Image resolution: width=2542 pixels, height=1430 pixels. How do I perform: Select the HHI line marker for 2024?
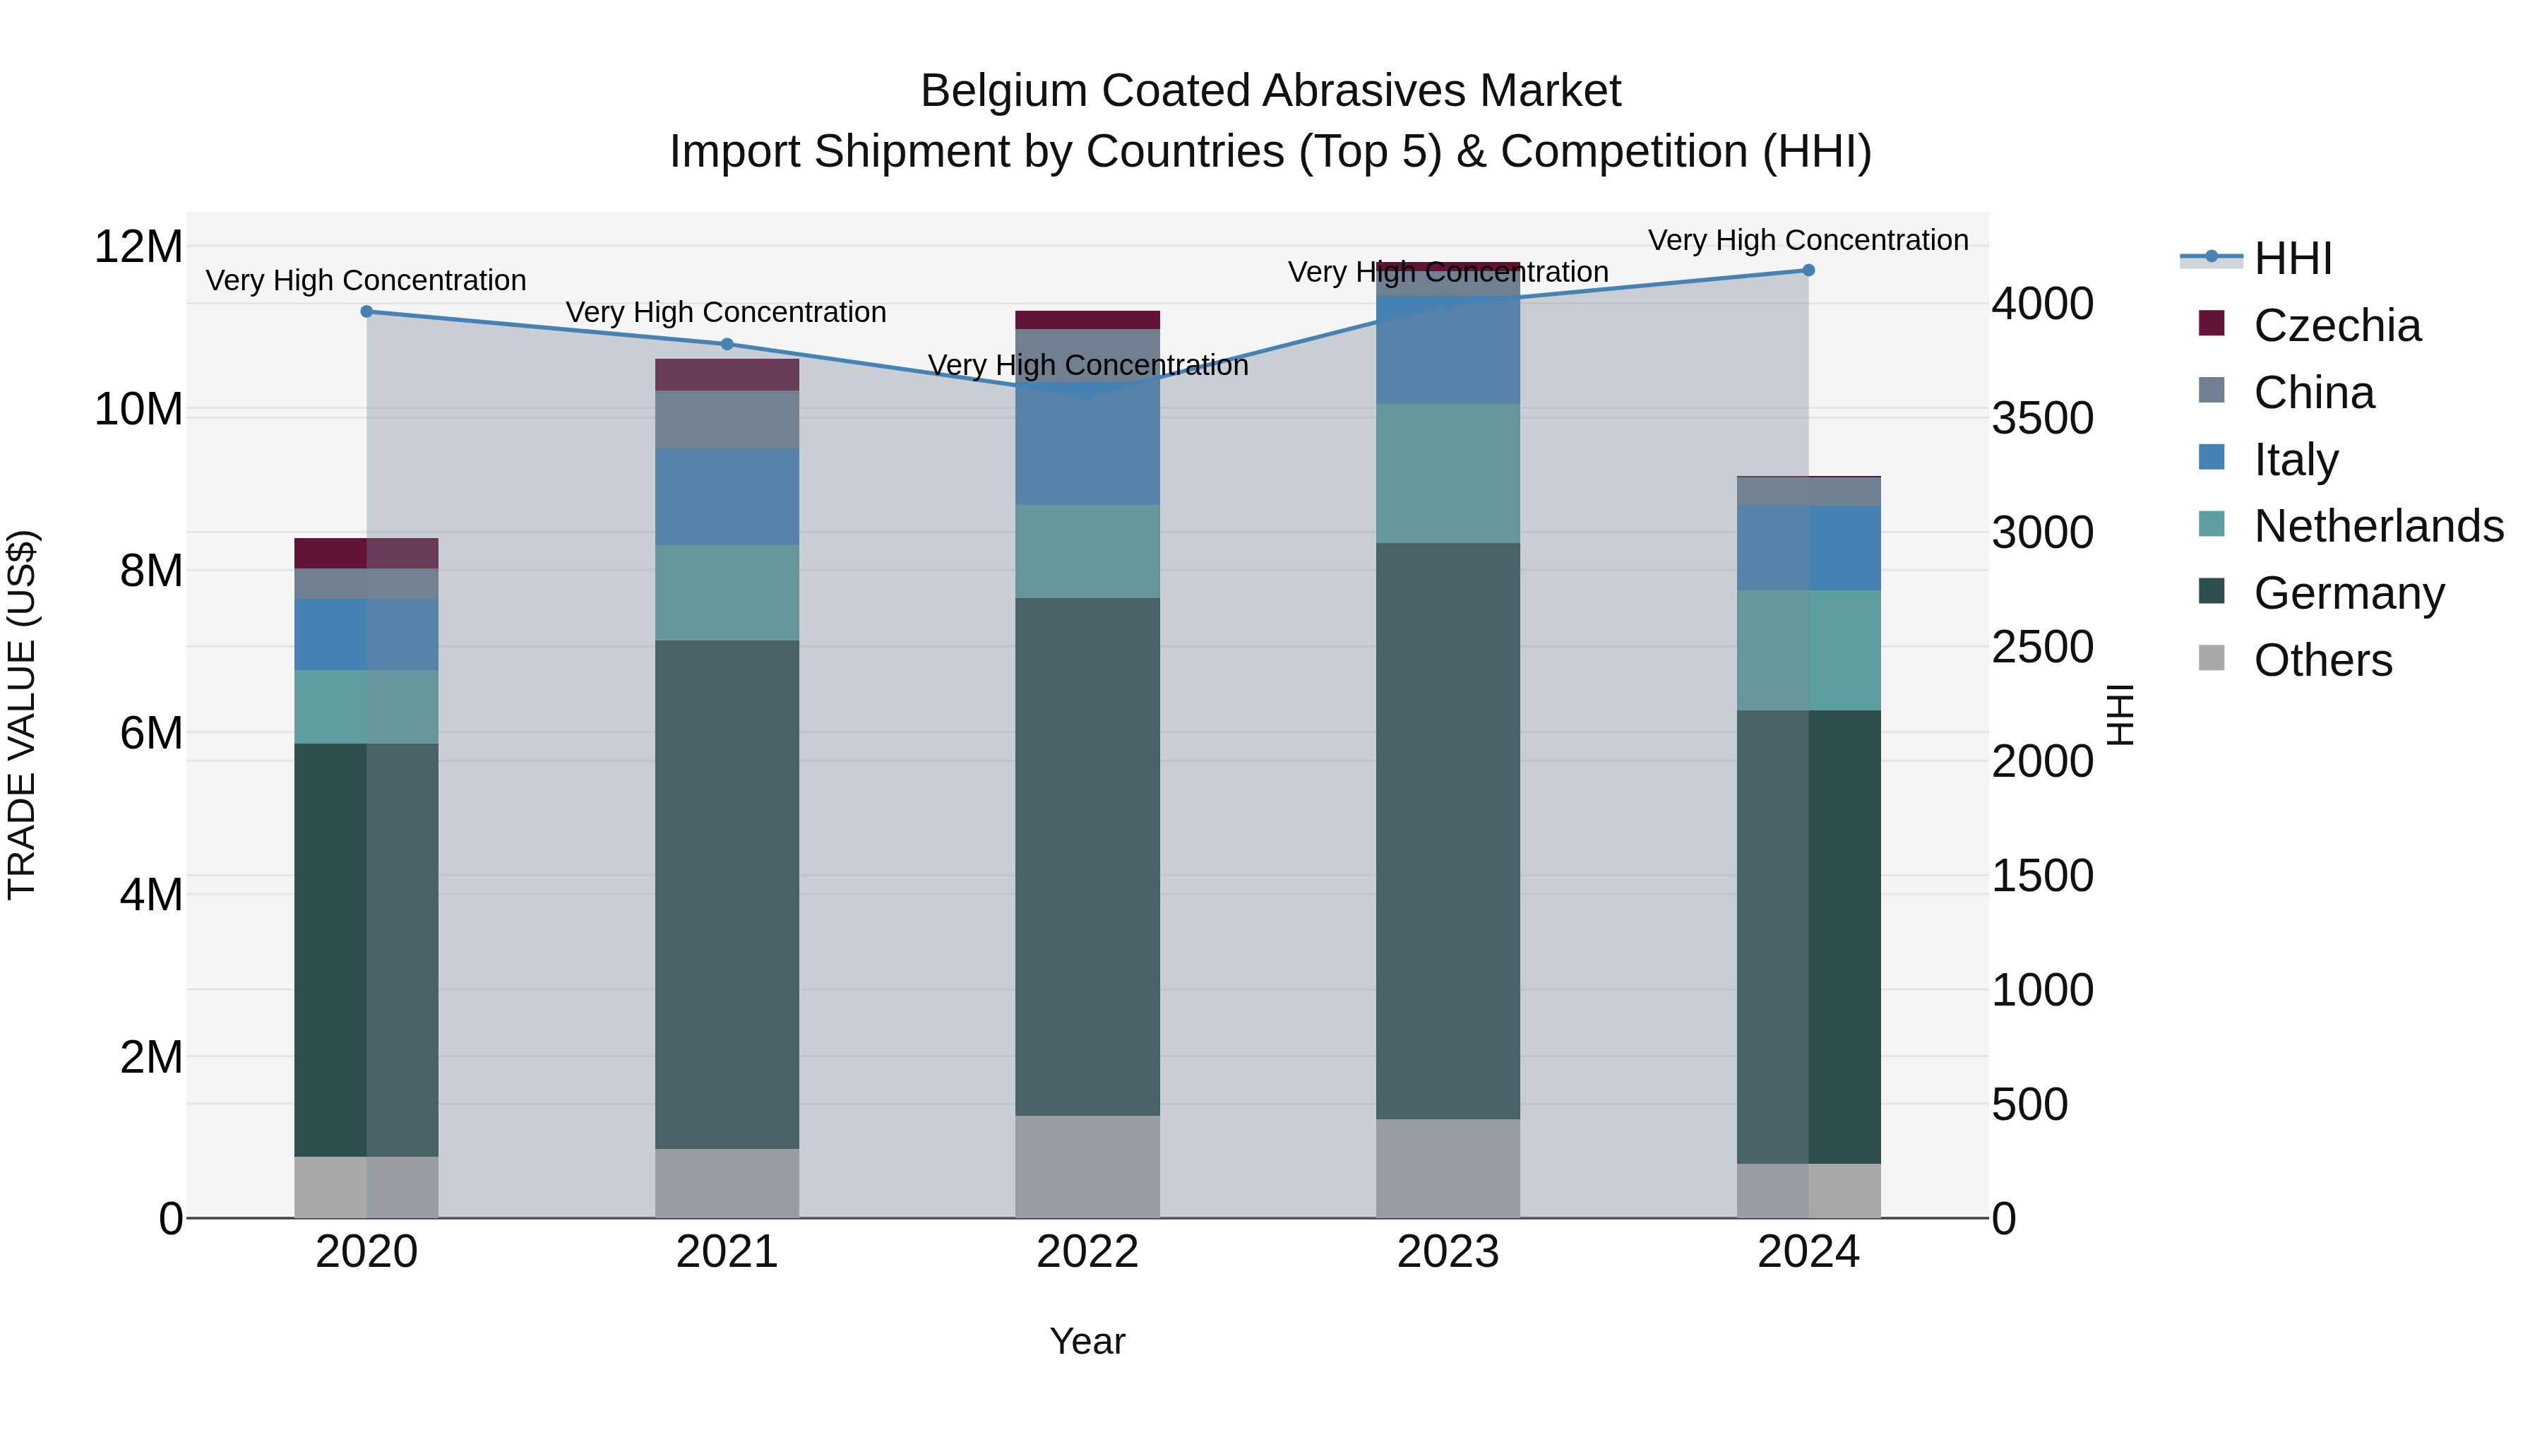point(1808,270)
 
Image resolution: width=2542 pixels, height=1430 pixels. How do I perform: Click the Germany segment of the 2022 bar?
point(1087,857)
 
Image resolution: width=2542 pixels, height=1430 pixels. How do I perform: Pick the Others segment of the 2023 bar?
point(1448,1169)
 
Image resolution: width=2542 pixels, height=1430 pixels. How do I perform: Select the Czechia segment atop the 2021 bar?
point(727,375)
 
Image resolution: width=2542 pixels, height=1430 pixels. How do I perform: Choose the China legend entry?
point(2313,393)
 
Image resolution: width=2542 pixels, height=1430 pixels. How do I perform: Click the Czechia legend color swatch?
point(2212,323)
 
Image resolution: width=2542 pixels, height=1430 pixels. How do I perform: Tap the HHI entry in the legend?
point(2292,258)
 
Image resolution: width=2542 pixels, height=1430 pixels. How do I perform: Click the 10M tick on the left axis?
point(139,410)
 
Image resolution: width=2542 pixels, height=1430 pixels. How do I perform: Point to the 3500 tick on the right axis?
point(2041,419)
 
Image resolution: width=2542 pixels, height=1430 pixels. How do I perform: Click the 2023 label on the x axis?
point(1448,1252)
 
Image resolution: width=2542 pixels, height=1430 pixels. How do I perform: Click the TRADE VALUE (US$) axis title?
point(23,715)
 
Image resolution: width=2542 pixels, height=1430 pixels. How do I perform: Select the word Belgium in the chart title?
point(1003,91)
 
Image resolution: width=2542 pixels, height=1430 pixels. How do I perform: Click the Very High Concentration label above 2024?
point(1808,240)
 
